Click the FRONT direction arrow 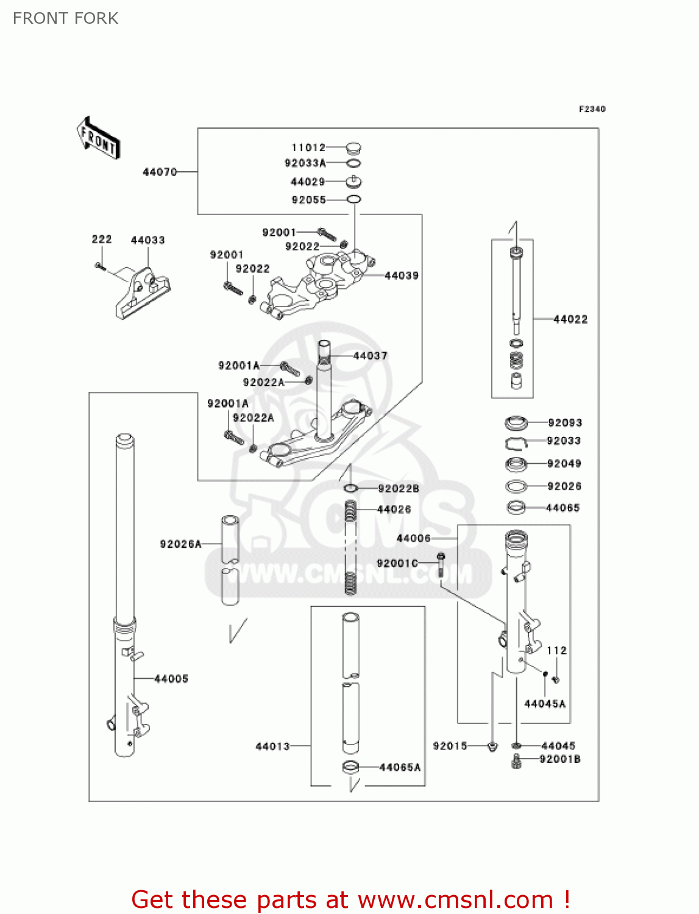coord(98,139)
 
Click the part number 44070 coord(160,172)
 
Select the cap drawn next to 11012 coord(353,147)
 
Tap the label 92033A coord(305,163)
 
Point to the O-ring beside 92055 coord(353,199)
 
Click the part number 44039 coord(402,275)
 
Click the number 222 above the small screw coord(102,239)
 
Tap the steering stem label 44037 coord(370,355)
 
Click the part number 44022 coord(570,319)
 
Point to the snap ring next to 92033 coord(516,442)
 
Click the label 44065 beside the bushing coord(562,508)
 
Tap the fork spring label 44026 coord(394,509)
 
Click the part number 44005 coord(171,678)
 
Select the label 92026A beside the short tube coord(180,544)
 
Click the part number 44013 coord(272,746)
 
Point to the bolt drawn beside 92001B coord(517,760)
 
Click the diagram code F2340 coord(592,109)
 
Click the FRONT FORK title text coord(65,18)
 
